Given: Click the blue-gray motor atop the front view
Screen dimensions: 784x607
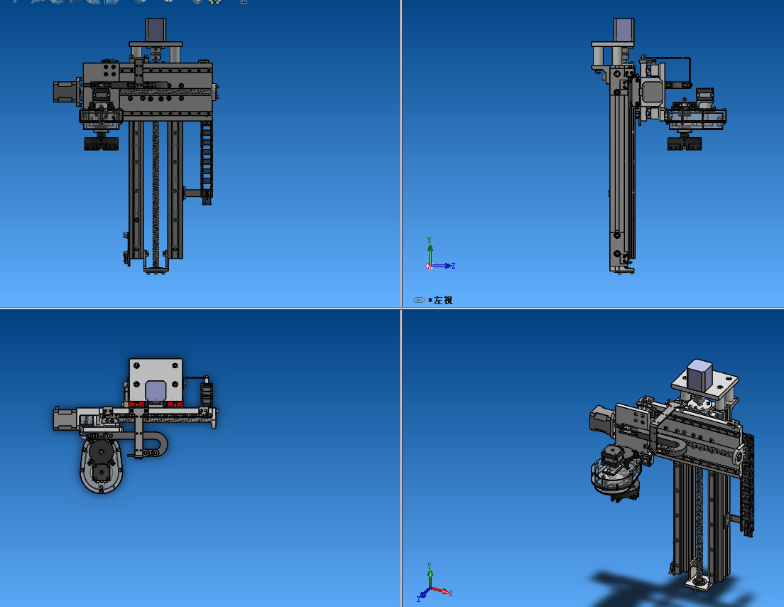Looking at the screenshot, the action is point(156,30).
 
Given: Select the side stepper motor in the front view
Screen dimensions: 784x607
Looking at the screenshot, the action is point(65,92).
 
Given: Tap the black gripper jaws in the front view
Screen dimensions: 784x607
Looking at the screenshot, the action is point(102,144).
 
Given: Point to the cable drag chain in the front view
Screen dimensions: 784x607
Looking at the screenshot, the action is point(207,162).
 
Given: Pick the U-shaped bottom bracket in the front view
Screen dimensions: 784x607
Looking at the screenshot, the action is point(156,265).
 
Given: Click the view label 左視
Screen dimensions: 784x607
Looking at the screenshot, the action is point(443,300).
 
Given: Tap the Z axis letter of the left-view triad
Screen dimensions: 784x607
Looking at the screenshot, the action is point(453,266).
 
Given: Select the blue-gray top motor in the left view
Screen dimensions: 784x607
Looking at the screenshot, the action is point(624,30).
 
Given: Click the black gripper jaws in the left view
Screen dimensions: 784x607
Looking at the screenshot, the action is point(685,144).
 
